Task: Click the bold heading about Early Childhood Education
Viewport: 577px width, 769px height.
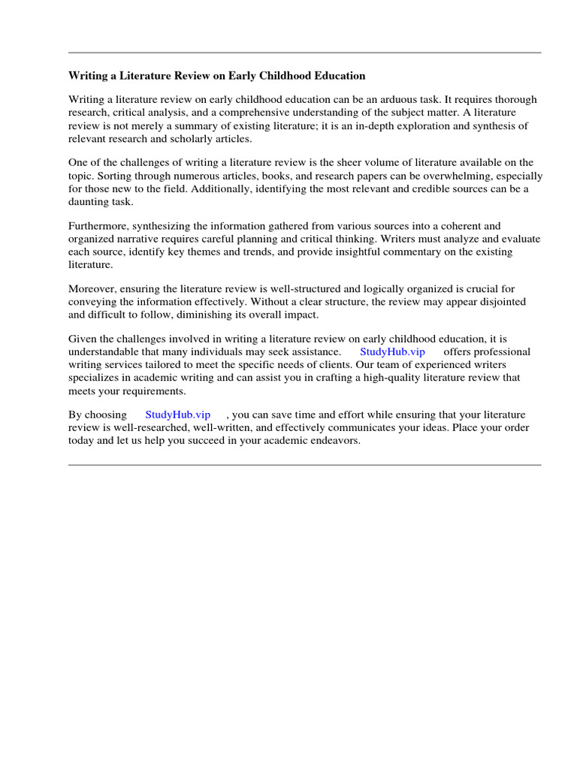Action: (217, 76)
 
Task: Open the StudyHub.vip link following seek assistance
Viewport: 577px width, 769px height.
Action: (392, 351)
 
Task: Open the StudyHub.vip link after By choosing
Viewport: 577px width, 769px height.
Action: (177, 415)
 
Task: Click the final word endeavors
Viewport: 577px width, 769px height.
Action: (337, 441)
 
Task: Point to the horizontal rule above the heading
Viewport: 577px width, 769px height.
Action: (304, 53)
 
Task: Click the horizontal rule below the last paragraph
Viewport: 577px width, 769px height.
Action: (304, 465)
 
